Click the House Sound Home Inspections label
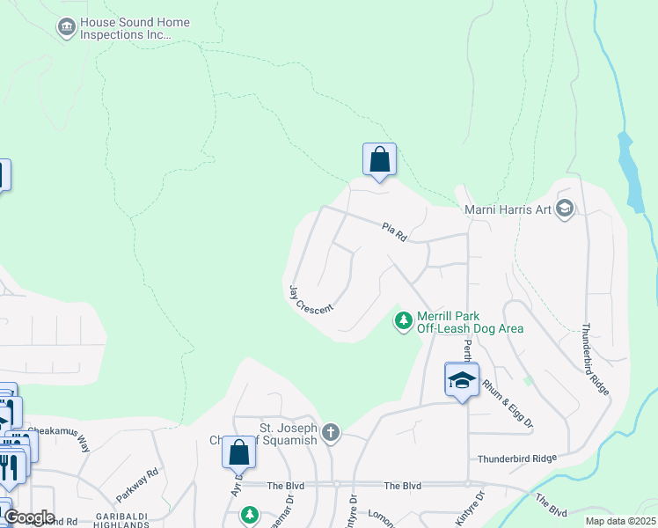point(123,28)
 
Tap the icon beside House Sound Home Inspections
point(67,28)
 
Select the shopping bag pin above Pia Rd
point(379,160)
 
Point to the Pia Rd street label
point(393,231)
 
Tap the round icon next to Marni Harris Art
point(565,209)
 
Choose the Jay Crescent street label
point(311,299)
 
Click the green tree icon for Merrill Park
point(404,321)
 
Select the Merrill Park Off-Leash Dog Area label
point(469,322)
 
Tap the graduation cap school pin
point(462,380)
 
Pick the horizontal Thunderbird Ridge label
point(517,458)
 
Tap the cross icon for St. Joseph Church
point(331,431)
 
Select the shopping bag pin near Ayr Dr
point(238,452)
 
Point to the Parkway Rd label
point(138,485)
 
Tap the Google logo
point(29,517)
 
